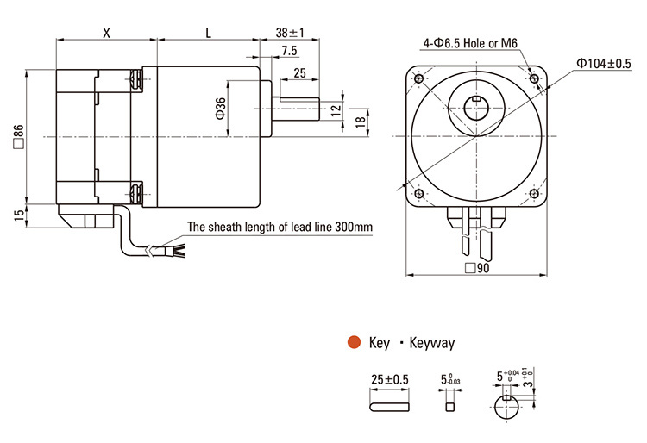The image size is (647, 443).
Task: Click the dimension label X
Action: (106, 32)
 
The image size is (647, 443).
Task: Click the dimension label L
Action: (208, 32)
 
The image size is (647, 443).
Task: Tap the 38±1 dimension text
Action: (290, 32)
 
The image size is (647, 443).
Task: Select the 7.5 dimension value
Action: (291, 52)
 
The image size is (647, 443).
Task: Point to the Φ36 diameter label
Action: (221, 108)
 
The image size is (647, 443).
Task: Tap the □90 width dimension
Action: (477, 268)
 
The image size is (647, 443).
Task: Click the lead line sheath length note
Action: (280, 228)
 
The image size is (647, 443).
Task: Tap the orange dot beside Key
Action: (353, 342)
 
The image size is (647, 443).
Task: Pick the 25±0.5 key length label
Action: (388, 379)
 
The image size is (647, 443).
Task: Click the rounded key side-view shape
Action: (388, 403)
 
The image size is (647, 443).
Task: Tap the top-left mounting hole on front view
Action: (419, 79)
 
